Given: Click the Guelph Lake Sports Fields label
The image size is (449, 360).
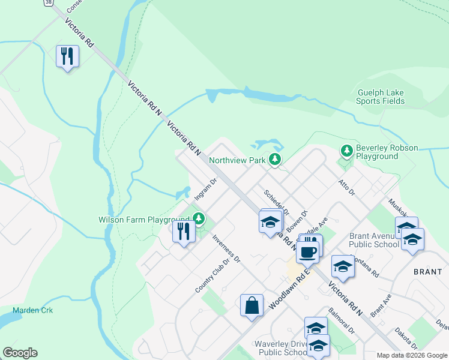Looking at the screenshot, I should coord(381,97).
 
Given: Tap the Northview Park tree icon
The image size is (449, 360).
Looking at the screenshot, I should coord(275,160).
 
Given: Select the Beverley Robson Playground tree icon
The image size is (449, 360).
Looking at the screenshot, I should coord(346,150).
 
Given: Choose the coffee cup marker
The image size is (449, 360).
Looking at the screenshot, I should coord(307,252).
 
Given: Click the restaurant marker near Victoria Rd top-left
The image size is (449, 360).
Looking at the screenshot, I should coord(67,57).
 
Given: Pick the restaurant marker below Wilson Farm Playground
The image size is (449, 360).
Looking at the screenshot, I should coord(184,231).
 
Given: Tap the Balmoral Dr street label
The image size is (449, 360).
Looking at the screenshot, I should coord(341,321).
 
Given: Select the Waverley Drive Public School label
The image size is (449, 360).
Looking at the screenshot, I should coord(282,348).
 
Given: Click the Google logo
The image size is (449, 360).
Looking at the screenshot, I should coord(20,353).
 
